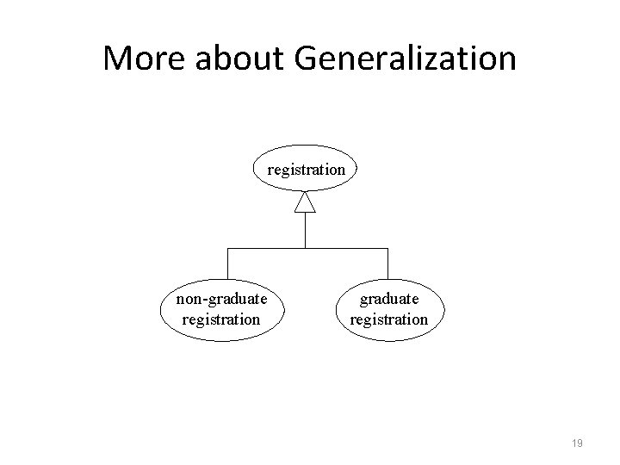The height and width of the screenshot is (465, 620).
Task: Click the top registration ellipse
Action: point(306,170)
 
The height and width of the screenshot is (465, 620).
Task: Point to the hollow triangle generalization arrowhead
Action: point(306,202)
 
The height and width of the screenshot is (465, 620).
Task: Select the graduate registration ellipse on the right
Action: point(389,309)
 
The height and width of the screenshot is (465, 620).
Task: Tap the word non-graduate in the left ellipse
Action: point(221,300)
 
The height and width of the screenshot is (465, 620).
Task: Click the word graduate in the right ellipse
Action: point(389,300)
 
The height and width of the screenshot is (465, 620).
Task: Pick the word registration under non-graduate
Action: point(221,319)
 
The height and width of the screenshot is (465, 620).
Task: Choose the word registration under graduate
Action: point(389,319)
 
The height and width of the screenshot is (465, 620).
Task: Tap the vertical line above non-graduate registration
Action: point(226,263)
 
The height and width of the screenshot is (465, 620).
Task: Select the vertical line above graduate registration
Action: point(387,263)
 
